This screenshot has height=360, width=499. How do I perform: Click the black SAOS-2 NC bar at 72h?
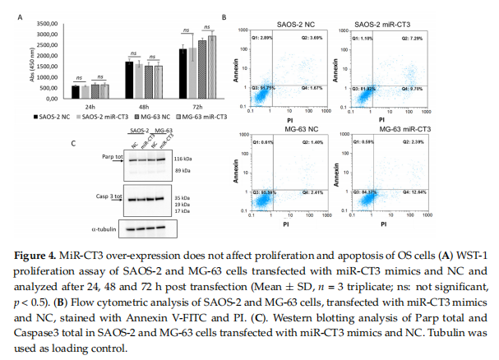pyautogui.click(x=183, y=73)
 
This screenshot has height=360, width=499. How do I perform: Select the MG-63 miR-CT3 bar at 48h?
pyautogui.click(x=159, y=81)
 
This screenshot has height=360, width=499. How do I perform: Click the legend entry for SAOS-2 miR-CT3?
pyautogui.click(x=99, y=117)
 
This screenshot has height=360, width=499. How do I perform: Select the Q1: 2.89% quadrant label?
pyautogui.click(x=265, y=38)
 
